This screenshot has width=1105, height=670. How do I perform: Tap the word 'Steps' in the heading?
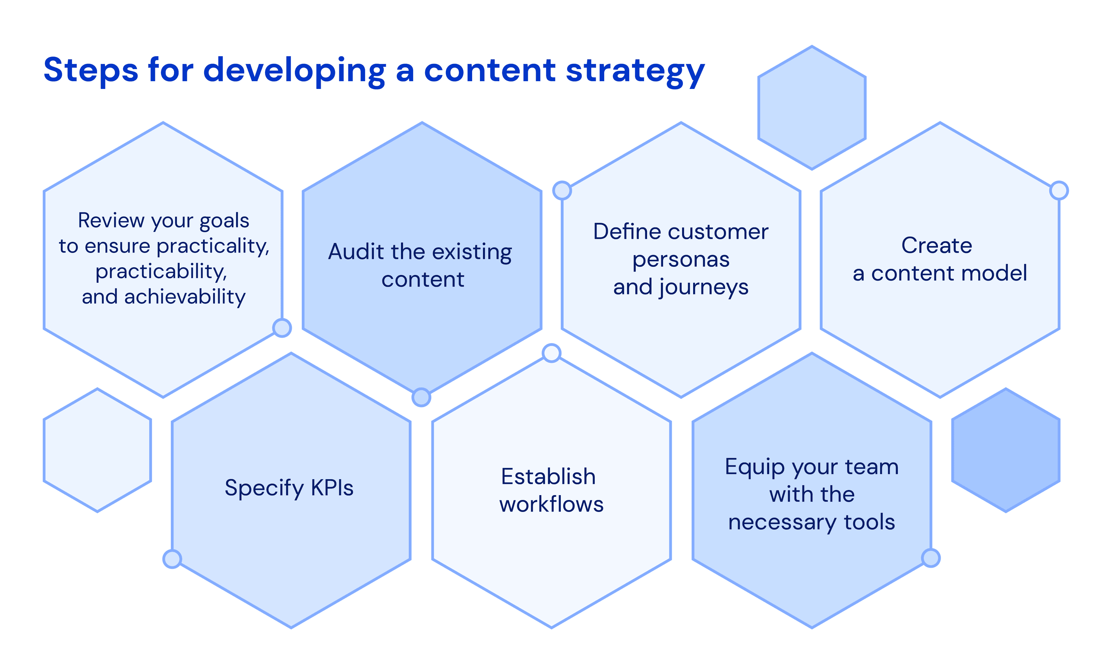[x=91, y=70]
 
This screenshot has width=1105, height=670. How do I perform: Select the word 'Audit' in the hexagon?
[x=356, y=252]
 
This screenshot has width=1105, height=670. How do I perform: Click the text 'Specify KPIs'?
[x=289, y=488]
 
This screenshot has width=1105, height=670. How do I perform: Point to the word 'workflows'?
[x=551, y=504]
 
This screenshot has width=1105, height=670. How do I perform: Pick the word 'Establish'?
[x=548, y=476]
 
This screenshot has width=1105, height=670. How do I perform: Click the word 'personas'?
[x=681, y=259]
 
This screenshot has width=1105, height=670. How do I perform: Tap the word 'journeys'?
[x=703, y=288]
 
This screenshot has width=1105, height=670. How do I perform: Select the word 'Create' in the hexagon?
[x=936, y=245]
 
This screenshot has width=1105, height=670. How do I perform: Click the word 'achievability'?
[x=185, y=297]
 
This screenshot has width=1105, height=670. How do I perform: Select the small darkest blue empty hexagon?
[x=1005, y=450]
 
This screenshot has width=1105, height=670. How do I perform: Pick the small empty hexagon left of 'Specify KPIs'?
[x=97, y=450]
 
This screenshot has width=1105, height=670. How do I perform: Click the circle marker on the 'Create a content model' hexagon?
[x=1059, y=190]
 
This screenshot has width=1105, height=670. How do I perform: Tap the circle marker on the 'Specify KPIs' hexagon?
[x=172, y=559]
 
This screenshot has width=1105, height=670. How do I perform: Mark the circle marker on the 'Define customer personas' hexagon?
[x=562, y=190]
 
